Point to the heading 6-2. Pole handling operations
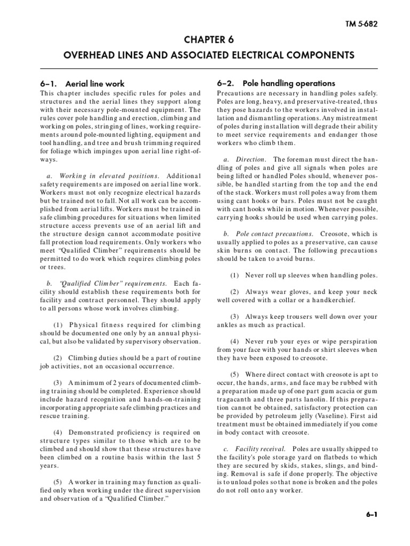pos(276,83)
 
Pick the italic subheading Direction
pos(250,159)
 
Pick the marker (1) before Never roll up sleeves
pos(235,276)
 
